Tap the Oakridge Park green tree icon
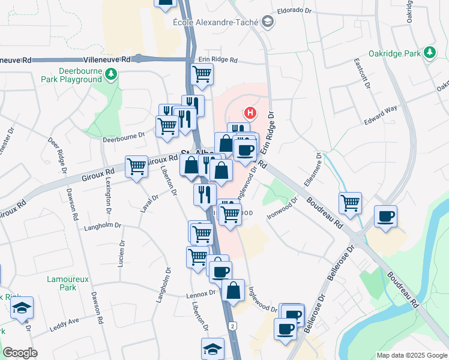click(430, 53)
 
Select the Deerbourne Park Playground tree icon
click(110, 74)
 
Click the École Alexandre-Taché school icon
click(267, 22)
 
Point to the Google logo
click(20, 353)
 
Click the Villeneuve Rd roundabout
click(139, 59)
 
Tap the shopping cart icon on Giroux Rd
click(136, 166)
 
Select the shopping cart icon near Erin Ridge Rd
click(202, 74)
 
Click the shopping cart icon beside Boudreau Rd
click(350, 202)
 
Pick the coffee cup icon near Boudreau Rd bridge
click(385, 217)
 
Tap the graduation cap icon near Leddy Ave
click(22, 309)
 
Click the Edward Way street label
click(380, 115)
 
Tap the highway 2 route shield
click(231, 325)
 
